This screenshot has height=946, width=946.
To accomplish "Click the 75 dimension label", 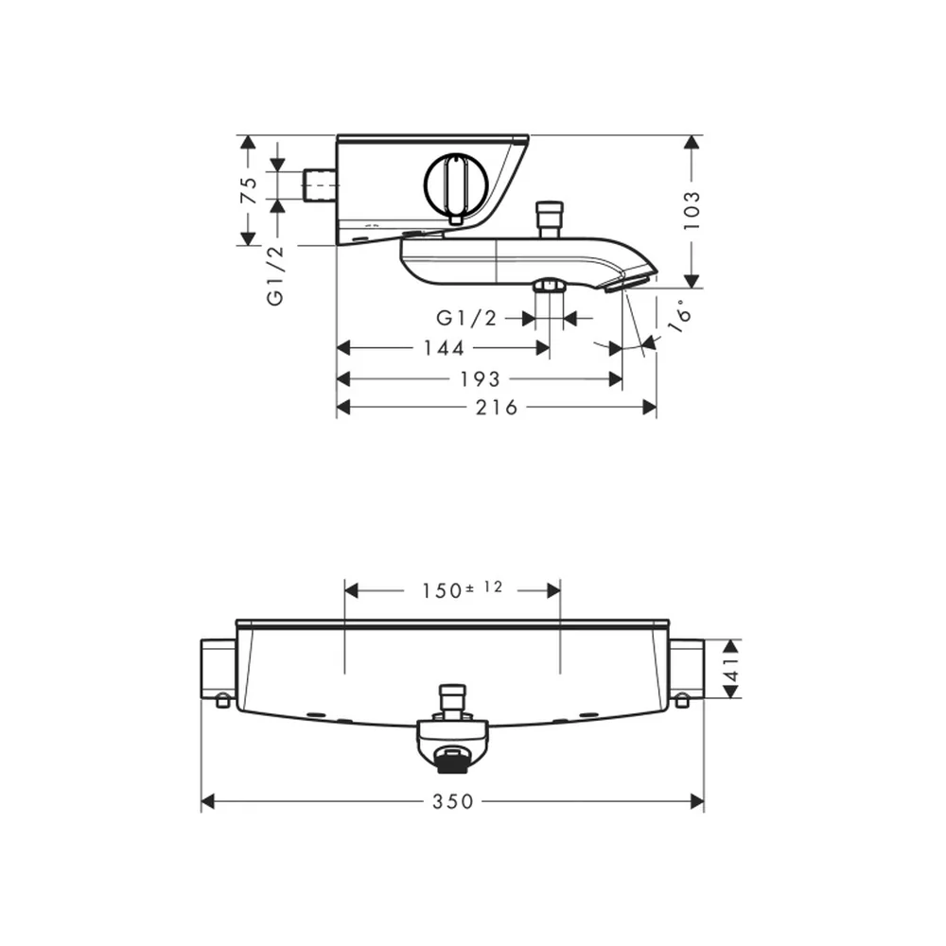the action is [x=249, y=190].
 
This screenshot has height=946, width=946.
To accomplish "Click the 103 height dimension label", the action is [x=692, y=210].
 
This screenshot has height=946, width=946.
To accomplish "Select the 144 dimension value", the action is [x=444, y=348].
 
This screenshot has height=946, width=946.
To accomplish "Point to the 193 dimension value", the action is [x=481, y=379].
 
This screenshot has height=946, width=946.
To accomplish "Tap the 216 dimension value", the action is [x=497, y=408].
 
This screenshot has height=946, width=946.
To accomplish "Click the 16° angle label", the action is [x=679, y=316].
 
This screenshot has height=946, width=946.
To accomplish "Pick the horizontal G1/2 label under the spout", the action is [x=466, y=318].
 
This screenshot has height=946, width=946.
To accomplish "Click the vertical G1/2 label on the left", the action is [x=275, y=275].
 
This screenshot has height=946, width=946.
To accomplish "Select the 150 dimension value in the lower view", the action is [x=442, y=591].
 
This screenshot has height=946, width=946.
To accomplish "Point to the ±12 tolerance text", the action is [x=483, y=587].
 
